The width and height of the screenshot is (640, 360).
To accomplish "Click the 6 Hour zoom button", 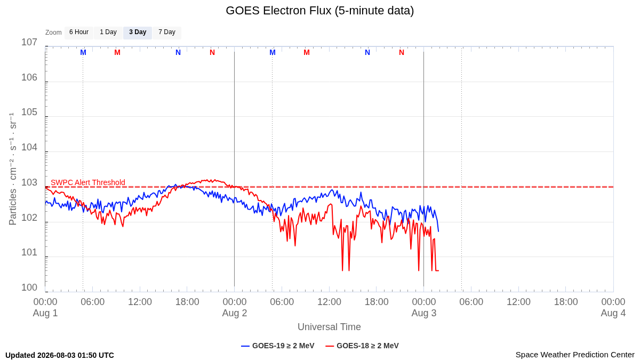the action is coord(79,33).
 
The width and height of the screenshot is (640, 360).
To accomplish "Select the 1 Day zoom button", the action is coord(108,33).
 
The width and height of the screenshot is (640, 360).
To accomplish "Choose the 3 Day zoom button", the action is coord(138,33).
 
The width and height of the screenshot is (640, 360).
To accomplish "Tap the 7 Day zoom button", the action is coord(167,33).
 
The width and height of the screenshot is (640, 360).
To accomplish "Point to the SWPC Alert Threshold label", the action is coord(88,182).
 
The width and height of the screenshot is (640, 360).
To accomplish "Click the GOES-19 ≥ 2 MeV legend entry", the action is coord(278,346).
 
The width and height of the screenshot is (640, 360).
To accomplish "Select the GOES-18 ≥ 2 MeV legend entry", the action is coord(362,346).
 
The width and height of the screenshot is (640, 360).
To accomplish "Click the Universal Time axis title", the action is coord(329,327).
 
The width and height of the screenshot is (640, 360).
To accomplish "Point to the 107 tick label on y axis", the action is coord(29,42).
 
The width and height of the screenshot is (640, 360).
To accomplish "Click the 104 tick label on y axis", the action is coord(29,147).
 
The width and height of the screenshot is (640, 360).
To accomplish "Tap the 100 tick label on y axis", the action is coord(29,287).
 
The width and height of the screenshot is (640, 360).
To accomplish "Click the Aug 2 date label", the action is coord(235,313).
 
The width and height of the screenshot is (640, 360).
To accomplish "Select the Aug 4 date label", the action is coord(613,313).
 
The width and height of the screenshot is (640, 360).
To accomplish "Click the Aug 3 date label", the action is coord(424,313).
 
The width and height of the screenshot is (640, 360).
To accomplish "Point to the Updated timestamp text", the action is coord(60,355).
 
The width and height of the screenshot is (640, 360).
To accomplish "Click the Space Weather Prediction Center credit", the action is coord(575,355).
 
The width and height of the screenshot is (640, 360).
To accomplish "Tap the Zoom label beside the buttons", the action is coord(53,33).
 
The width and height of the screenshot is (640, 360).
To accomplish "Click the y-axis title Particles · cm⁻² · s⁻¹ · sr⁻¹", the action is coord(13,169).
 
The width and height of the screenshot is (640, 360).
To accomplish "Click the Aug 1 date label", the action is coord(45,313).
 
